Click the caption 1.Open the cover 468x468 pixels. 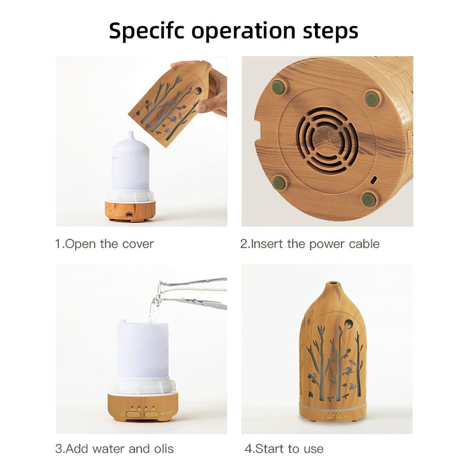pos(104,244)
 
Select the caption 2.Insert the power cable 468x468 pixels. pos(310,244)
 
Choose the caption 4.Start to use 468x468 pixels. pos(284,449)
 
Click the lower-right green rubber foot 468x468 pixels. pos(368,198)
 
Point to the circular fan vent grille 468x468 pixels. pos(328,139)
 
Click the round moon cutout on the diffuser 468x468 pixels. pos(350,324)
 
